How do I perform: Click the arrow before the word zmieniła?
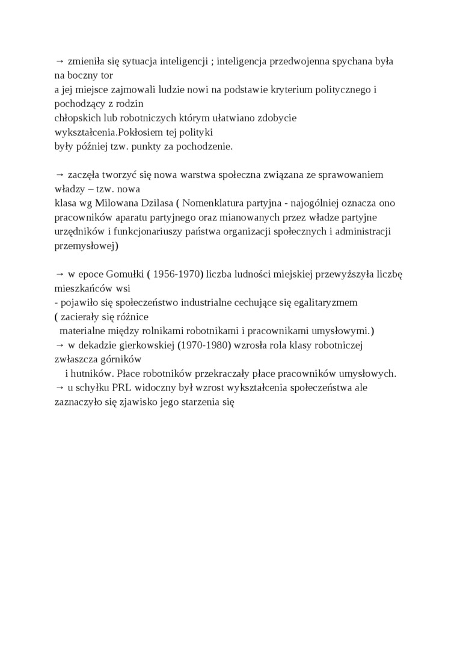click(x=59, y=61)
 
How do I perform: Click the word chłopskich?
click(x=76, y=119)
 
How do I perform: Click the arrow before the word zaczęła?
click(x=59, y=175)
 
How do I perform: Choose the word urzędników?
click(x=79, y=231)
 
